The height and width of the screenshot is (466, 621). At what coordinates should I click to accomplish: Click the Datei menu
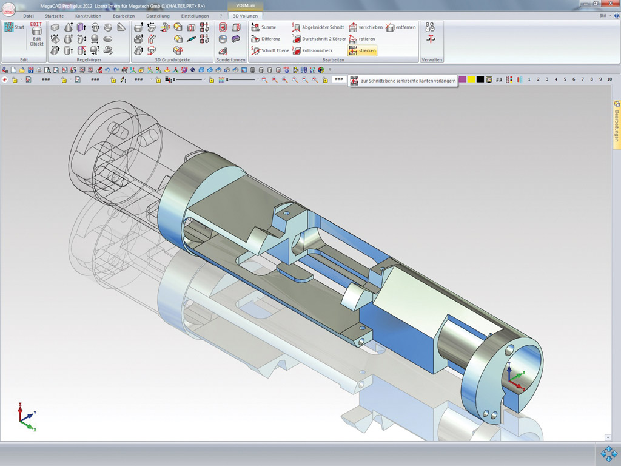28,16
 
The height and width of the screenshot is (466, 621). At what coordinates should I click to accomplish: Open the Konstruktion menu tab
88,16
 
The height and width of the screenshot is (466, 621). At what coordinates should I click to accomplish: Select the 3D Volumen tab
245,16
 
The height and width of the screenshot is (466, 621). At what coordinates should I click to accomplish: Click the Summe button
264,27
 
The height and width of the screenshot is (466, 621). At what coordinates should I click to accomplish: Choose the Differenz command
266,39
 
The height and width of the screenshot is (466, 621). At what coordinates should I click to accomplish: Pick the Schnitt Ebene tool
270,50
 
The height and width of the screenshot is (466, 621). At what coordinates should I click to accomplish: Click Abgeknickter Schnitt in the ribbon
318,27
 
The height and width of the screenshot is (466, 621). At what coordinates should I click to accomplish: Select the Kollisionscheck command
312,50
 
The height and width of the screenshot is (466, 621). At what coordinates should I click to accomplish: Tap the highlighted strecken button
363,50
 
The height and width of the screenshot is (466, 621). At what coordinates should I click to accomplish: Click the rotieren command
362,39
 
